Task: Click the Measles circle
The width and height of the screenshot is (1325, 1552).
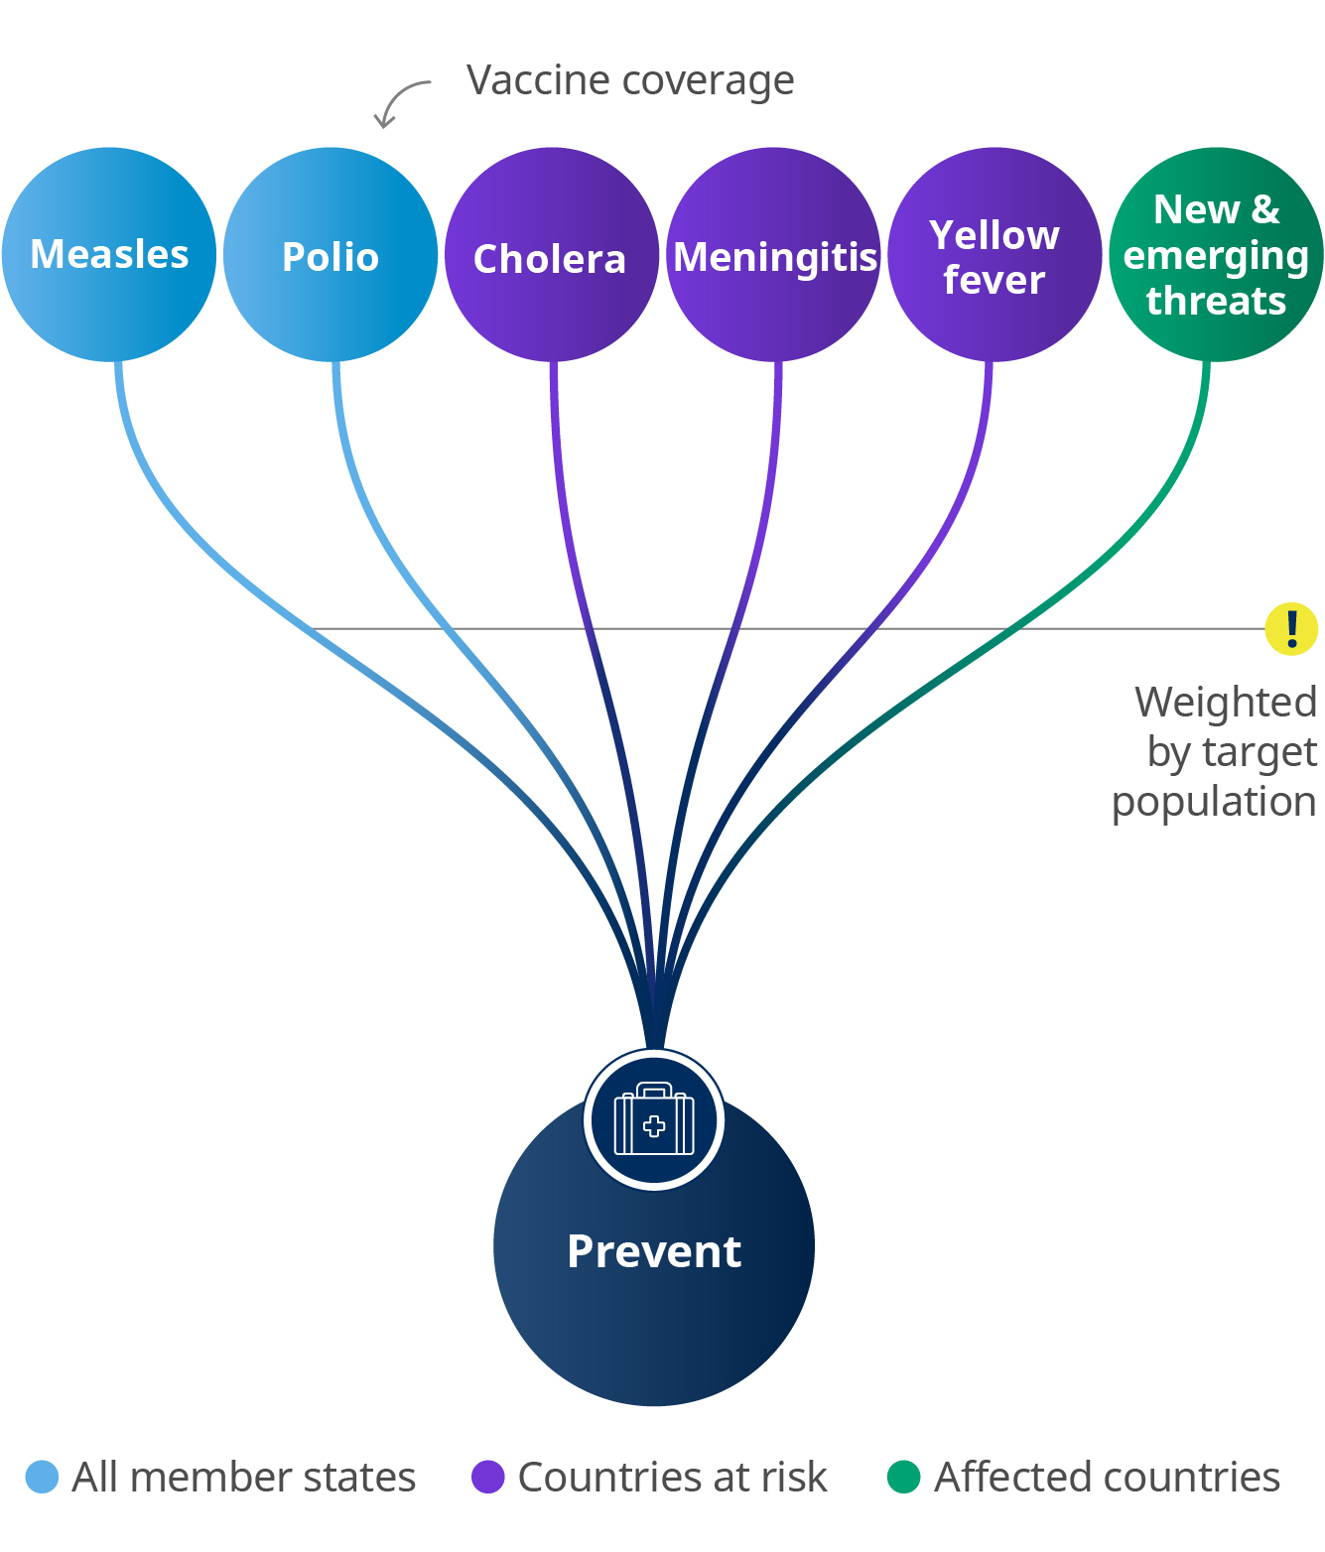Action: click(109, 254)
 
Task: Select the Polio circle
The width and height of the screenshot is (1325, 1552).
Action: click(331, 255)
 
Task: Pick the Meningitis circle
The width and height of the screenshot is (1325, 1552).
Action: click(773, 255)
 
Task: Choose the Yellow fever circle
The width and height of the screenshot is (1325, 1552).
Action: click(994, 255)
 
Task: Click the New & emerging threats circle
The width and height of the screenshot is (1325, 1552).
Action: click(1216, 255)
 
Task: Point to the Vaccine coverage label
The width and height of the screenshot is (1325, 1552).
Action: click(630, 80)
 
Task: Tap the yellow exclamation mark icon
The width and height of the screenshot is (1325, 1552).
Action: click(1291, 629)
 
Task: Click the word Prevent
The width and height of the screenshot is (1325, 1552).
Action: click(654, 1251)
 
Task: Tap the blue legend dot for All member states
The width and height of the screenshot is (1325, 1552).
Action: click(42, 1477)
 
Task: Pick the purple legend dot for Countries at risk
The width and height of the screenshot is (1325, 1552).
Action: click(487, 1477)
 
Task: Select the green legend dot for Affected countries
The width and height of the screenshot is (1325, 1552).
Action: click(903, 1477)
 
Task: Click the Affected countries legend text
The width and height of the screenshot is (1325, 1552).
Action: click(1107, 1477)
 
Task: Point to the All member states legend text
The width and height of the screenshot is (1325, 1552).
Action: click(244, 1477)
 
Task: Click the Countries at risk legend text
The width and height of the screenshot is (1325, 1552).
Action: click(672, 1477)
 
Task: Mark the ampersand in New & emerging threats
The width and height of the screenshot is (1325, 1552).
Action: click(1265, 210)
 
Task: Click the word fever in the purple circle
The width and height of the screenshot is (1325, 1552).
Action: click(994, 280)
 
